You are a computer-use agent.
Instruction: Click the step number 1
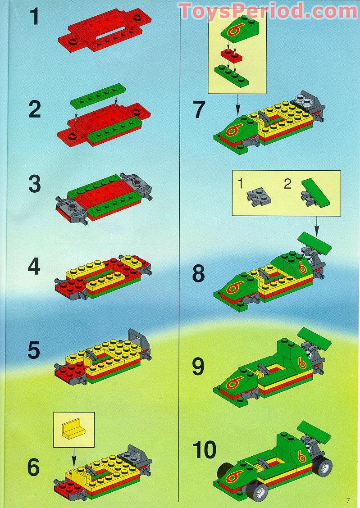34,17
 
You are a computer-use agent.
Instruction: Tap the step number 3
34,184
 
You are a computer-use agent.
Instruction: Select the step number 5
34,350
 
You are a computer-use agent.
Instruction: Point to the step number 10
204,449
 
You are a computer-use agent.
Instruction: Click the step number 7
199,109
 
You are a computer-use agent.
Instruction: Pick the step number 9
198,367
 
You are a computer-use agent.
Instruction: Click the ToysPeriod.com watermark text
268,11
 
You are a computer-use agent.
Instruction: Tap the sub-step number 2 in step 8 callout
287,184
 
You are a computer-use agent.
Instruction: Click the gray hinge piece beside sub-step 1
259,197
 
